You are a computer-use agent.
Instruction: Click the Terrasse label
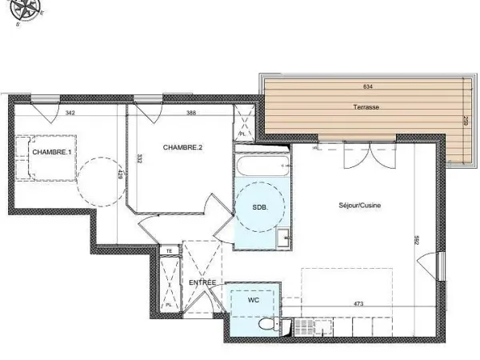point(366,106)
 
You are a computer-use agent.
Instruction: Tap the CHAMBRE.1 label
point(50,152)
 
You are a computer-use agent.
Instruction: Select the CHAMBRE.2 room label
point(182,147)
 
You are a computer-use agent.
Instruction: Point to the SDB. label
point(260,207)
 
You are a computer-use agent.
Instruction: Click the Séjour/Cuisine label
point(359,206)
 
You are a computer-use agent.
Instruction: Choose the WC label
point(254,300)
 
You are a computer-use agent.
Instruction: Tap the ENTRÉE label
point(202,283)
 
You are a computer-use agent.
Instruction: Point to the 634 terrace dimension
point(367,86)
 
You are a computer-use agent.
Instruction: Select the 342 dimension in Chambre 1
point(70,113)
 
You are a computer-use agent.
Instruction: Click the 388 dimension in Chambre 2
point(191,113)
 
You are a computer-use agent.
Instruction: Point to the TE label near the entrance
point(169,250)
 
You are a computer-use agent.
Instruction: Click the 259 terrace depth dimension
point(465,124)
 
